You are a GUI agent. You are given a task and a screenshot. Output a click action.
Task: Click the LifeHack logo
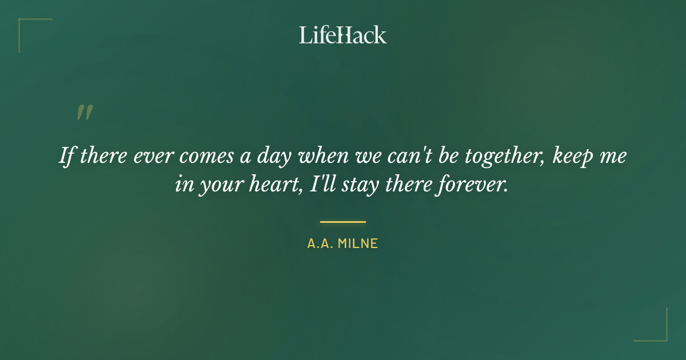[x=342, y=35]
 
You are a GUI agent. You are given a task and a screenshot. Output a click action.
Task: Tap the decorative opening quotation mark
[x=84, y=113]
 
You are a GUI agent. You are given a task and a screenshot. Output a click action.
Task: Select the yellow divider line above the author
[x=342, y=222]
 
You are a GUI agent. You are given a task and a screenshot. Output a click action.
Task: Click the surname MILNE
[x=358, y=243]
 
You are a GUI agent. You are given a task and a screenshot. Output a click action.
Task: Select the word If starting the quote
[x=67, y=155]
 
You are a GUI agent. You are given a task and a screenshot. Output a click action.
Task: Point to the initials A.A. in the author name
[x=320, y=243]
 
